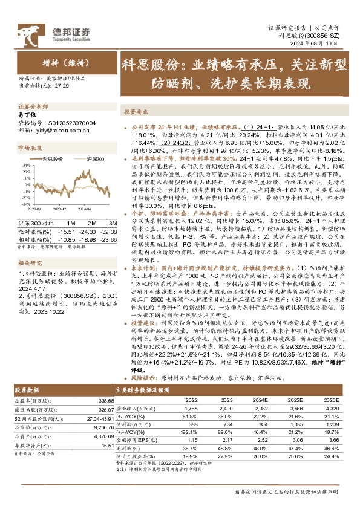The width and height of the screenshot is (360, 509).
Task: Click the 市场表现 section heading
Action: (30, 147)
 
